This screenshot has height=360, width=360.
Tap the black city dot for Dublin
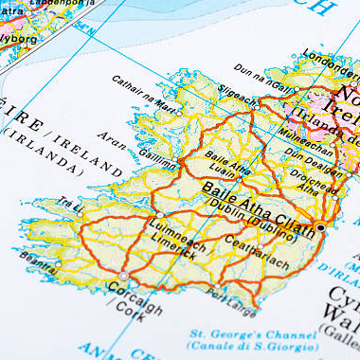pos(320,228)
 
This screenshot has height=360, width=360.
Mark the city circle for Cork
pos(123,276)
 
